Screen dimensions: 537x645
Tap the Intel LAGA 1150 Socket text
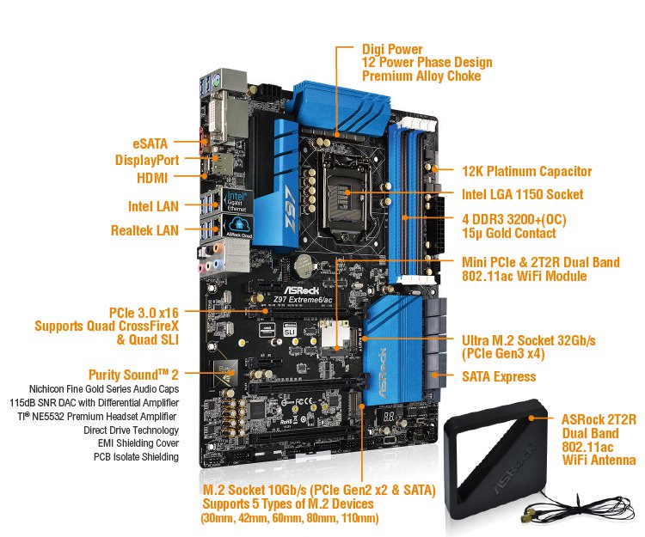(521, 195)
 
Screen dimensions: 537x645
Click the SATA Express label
(499, 376)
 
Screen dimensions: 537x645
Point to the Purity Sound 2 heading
(133, 375)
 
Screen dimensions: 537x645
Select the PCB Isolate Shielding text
(136, 457)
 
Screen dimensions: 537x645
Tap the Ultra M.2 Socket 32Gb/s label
(528, 341)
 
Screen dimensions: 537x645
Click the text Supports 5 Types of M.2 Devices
(287, 503)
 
